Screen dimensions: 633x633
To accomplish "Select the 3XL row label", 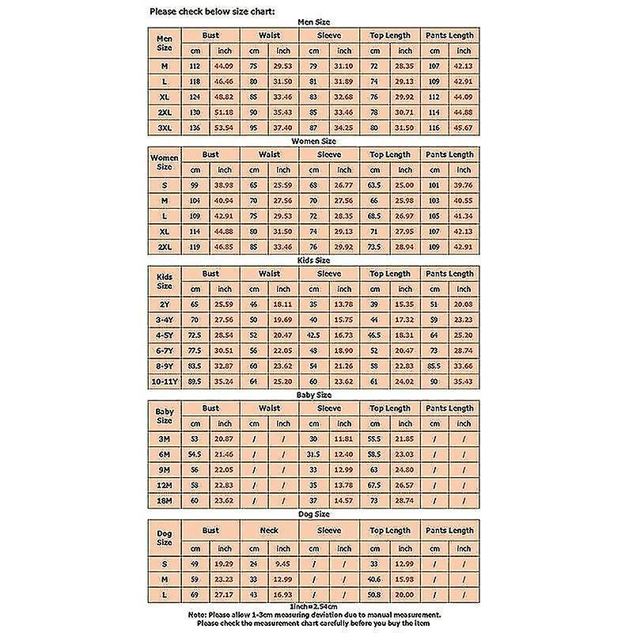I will point(165,127).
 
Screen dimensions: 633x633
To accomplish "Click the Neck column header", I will point(269,530).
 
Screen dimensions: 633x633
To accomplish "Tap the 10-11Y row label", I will point(165,381).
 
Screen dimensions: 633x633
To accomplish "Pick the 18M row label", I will point(165,500).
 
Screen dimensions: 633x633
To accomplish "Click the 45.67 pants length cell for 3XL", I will point(462,127).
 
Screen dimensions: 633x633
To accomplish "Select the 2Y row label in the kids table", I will point(165,304).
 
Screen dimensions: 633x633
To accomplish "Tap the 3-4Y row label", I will point(165,320).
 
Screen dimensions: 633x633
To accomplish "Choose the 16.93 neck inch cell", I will point(283,593).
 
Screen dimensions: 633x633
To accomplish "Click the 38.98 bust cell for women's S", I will point(225,184).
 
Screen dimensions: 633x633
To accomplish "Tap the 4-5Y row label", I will point(165,335).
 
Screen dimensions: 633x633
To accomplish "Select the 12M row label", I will point(165,485).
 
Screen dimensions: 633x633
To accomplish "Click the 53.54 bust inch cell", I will point(225,127).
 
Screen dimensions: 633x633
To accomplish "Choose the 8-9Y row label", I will point(165,366).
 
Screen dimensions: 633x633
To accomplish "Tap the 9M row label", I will point(165,470).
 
